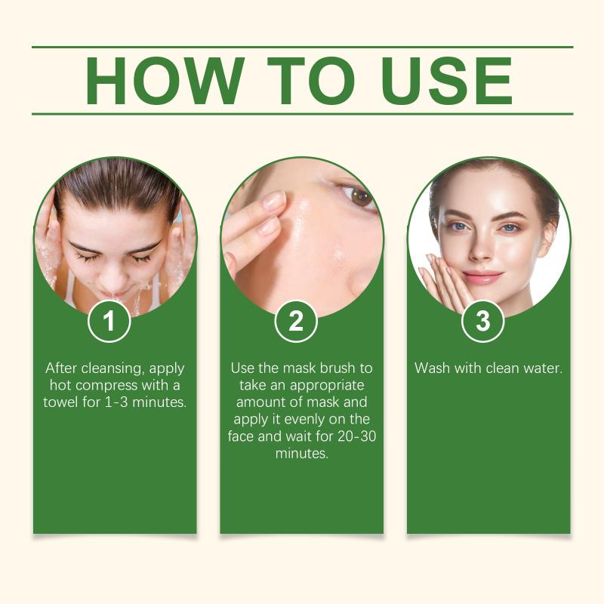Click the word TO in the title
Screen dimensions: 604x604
pos(310,81)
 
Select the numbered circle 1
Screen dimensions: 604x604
pos(109,321)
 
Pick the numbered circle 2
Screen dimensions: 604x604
pos(296,321)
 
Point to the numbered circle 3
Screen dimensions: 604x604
pos(482,321)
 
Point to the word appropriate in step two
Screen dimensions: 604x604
pos(327,386)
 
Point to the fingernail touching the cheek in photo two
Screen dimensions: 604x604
pos(274,200)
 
